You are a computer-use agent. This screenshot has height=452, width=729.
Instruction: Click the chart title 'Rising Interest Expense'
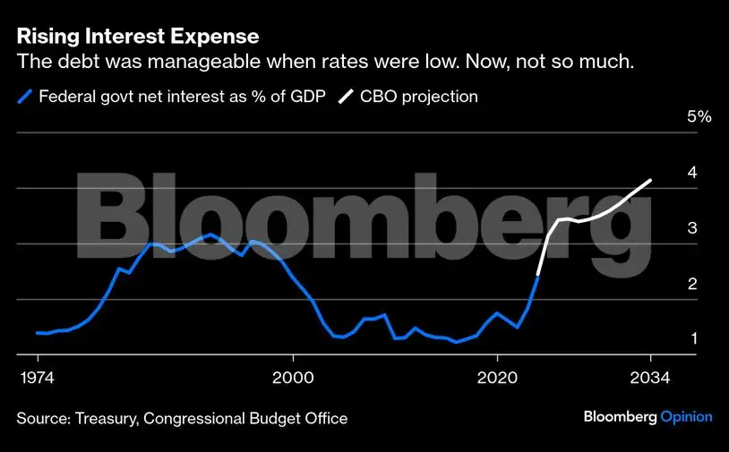click(x=138, y=37)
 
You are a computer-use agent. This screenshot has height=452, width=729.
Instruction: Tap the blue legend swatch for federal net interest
click(x=24, y=97)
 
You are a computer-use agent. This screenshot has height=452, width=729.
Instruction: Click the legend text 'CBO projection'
click(x=418, y=97)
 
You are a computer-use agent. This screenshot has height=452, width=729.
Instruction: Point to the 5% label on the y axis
click(x=699, y=116)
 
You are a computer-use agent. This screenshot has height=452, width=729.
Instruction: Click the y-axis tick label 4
click(x=691, y=173)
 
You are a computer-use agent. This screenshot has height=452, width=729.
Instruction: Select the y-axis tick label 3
click(x=691, y=228)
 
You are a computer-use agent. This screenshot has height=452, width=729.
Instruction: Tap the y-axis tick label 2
click(x=691, y=285)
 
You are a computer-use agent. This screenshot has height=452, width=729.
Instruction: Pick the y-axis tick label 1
click(x=691, y=340)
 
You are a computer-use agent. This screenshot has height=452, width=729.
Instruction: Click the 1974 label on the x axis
click(x=37, y=377)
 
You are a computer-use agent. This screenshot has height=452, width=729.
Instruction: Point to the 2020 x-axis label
click(x=497, y=377)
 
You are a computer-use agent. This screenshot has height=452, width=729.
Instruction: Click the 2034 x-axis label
click(x=650, y=377)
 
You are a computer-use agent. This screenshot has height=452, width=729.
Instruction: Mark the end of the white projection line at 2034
click(x=650, y=180)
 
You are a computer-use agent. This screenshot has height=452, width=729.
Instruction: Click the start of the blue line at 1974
click(x=37, y=332)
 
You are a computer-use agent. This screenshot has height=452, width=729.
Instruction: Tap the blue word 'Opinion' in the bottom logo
click(x=686, y=416)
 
